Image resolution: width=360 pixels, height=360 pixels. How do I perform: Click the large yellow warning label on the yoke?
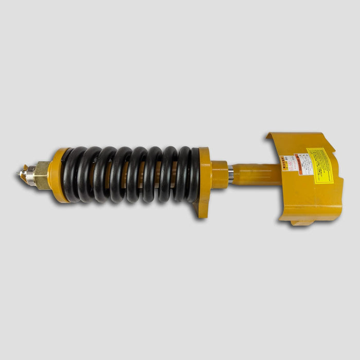320,166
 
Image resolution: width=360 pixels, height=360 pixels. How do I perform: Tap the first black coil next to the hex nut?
71,175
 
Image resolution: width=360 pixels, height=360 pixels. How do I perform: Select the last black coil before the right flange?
192,175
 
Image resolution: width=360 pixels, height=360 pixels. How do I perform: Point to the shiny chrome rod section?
231,174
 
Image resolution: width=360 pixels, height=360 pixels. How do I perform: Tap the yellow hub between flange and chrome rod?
220,175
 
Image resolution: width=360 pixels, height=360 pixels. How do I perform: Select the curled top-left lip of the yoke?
270,136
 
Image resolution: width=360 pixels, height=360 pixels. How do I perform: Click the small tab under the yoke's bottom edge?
301,222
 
